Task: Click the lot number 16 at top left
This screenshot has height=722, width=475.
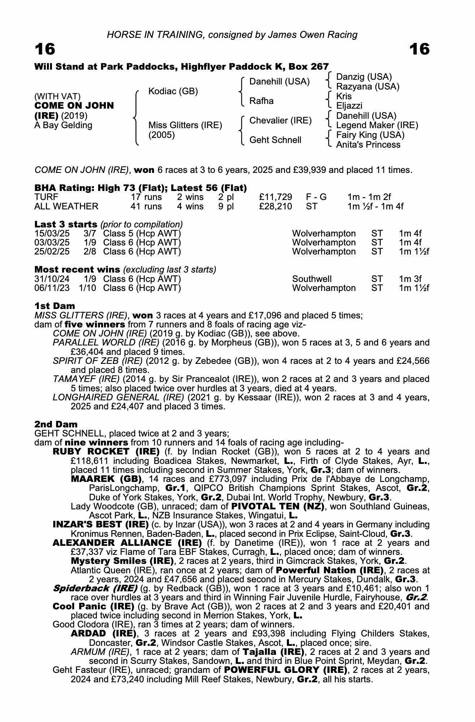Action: pyautogui.click(x=45, y=49)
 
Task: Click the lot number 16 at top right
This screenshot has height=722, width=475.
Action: pyautogui.click(x=419, y=49)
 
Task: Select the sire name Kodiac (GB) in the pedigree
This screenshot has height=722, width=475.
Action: pyautogui.click(x=173, y=91)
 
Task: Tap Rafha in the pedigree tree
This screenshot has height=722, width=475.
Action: pyautogui.click(x=261, y=101)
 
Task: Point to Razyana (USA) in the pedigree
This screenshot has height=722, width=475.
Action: pyautogui.click(x=368, y=87)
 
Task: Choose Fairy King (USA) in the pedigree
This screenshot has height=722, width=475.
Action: pyautogui.click(x=370, y=135)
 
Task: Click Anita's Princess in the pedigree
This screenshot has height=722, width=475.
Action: pyautogui.click(x=368, y=145)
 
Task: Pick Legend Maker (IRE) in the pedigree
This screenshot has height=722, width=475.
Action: pyautogui.click(x=377, y=125)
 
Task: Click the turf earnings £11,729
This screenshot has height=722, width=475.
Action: pyautogui.click(x=276, y=197)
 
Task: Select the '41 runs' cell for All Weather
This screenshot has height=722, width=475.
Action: pyautogui.click(x=146, y=206)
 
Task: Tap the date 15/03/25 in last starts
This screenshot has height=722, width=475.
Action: pyautogui.click(x=52, y=234)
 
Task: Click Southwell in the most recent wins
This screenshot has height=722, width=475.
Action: pyautogui.click(x=312, y=279)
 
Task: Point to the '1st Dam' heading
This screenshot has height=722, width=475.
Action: pyautogui.click(x=55, y=306)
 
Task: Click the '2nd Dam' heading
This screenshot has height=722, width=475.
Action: pyautogui.click(x=56, y=424)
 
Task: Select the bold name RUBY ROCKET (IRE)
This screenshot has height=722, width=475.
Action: pyautogui.click(x=106, y=452)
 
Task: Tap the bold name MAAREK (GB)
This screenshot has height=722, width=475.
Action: pyautogui.click(x=106, y=479)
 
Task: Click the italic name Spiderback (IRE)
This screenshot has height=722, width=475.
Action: pyautogui.click(x=95, y=588)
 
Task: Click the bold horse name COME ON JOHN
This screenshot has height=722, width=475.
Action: pyautogui.click(x=74, y=106)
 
